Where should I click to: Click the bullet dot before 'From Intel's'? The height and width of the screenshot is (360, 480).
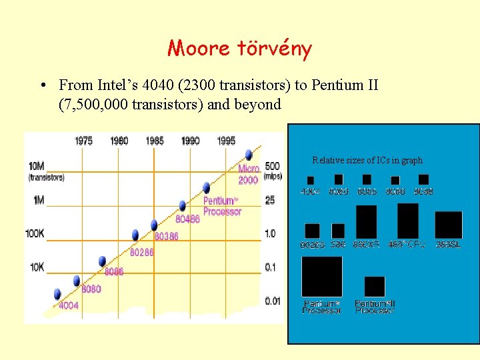coord(43,85)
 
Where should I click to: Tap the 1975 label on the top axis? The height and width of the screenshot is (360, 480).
coord(84,141)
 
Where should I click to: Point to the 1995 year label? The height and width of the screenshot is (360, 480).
coord(226,141)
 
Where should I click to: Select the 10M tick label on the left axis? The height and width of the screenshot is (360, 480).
coord(37,165)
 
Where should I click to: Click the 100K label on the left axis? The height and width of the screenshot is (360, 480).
coord(35,234)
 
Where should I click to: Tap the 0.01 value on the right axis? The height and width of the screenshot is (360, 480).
coord(272,301)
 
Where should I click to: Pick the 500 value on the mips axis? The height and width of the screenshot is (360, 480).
coord(272,165)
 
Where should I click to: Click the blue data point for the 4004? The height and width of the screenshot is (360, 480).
coord(57,293)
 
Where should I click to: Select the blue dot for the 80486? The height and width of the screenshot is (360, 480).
coord(182,206)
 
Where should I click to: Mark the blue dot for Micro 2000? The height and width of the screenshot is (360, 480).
coord(249,155)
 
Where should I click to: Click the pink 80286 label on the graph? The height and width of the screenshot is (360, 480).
coord(142,253)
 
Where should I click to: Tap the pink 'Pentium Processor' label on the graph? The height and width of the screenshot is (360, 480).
coord(221,206)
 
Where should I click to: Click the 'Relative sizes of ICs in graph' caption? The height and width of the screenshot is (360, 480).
coord(367,160)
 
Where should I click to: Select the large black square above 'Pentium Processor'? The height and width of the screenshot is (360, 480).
coord(321,277)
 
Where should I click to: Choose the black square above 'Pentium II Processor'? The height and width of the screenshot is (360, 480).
coord(375,286)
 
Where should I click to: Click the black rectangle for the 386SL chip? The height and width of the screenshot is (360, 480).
coord(448,225)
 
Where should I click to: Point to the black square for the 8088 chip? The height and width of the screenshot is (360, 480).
coord(423,179)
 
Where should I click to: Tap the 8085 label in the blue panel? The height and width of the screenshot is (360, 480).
coord(367,192)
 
